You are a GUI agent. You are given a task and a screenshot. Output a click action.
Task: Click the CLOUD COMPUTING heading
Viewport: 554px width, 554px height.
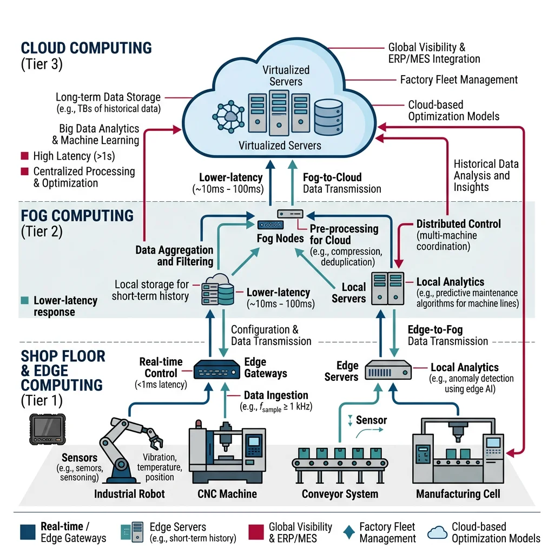(x=87, y=48)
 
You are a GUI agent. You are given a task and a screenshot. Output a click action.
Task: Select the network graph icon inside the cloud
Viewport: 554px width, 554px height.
(x=228, y=115)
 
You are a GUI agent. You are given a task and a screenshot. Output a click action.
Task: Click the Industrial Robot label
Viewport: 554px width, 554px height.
(x=129, y=493)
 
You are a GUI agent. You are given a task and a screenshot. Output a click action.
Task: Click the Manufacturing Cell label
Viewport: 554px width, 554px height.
(x=458, y=493)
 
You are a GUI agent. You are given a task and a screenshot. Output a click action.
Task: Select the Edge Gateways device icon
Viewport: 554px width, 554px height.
(x=216, y=370)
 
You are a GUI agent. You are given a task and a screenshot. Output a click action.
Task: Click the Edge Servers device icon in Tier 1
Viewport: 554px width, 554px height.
(x=388, y=371)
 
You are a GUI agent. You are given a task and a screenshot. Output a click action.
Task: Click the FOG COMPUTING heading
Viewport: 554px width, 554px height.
(x=77, y=215)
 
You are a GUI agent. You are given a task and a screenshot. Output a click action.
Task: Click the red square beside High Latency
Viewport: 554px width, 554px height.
(x=24, y=156)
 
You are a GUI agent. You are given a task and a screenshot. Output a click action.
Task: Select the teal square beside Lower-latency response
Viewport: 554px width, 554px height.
(x=24, y=300)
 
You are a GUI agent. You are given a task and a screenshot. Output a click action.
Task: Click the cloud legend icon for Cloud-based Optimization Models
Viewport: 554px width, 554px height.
(x=437, y=532)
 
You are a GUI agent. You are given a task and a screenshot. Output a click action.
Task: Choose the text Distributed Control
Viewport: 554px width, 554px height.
(x=458, y=223)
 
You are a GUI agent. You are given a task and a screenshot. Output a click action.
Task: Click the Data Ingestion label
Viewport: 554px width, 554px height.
(x=276, y=395)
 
